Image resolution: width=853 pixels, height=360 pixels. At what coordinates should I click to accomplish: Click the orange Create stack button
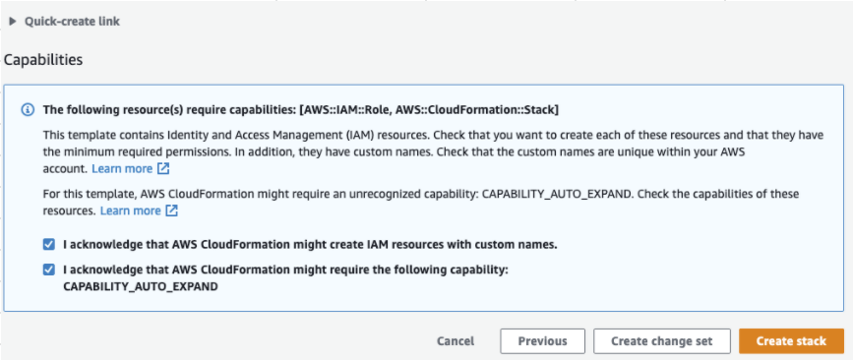click(x=791, y=341)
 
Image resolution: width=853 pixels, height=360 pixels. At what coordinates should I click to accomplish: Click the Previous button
click(x=542, y=341)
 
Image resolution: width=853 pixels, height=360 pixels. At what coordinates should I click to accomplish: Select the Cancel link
click(x=456, y=341)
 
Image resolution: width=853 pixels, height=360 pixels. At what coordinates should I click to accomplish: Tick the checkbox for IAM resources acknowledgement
click(x=49, y=244)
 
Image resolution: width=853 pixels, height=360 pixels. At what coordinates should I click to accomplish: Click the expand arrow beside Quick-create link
click(x=13, y=21)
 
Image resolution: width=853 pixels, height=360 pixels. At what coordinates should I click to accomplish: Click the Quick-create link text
click(x=72, y=21)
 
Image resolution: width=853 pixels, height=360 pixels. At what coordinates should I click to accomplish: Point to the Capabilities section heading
click(x=43, y=60)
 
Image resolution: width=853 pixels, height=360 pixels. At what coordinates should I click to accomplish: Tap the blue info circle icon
click(x=28, y=109)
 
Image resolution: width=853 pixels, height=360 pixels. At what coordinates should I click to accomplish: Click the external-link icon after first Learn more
click(x=163, y=169)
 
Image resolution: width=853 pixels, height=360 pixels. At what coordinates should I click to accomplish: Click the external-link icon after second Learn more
click(x=171, y=210)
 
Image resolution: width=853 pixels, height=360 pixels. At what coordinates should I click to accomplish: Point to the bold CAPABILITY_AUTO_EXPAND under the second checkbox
click(x=140, y=286)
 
